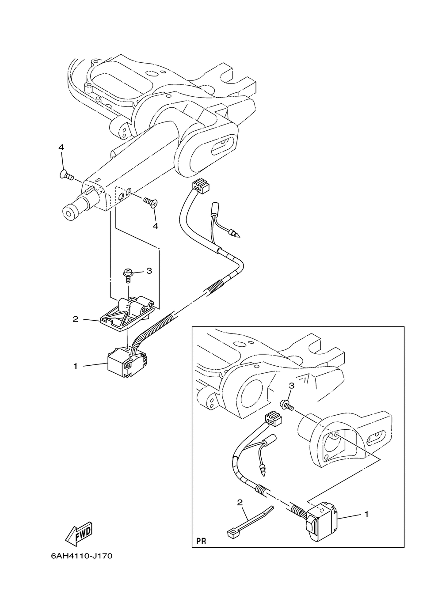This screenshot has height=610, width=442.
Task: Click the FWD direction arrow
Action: pos(79,533)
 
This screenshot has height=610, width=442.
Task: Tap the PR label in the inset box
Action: pos(201,541)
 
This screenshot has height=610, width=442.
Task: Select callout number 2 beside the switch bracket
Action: pos(76,318)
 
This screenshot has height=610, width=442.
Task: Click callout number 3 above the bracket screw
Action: pos(149,271)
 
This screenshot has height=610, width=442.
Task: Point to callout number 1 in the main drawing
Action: pos(76,366)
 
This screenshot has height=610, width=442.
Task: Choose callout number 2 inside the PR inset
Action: pos(240,502)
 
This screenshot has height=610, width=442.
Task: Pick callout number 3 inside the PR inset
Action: pos(291,386)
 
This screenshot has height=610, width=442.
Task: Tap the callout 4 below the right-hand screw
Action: pos(155,226)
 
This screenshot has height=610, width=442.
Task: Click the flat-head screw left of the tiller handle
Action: pos(66,176)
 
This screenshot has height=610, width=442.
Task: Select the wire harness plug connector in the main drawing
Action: pos(200,187)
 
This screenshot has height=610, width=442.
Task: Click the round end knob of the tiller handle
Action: pos(70,212)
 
